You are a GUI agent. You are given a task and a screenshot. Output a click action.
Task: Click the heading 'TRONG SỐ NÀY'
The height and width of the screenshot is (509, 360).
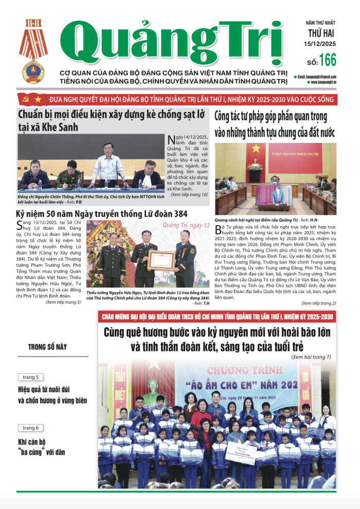(48, 347)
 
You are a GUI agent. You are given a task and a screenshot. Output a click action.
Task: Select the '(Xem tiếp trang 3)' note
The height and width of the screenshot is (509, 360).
(63, 302)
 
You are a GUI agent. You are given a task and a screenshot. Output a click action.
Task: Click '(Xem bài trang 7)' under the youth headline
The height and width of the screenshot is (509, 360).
(311, 356)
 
